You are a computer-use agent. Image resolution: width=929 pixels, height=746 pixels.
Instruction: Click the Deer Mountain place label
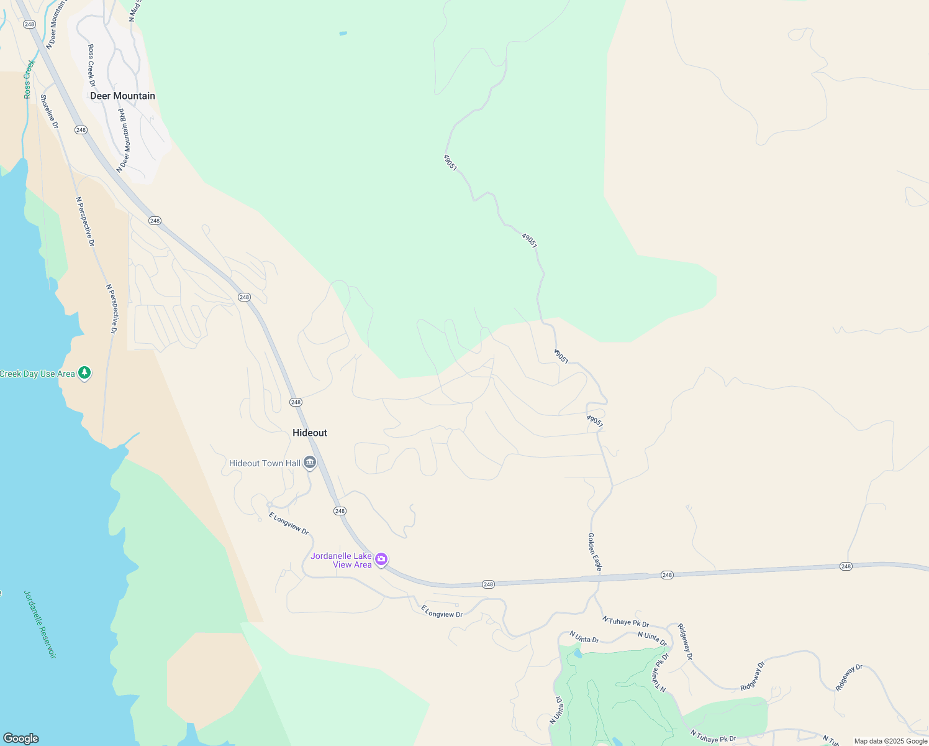coord(122,96)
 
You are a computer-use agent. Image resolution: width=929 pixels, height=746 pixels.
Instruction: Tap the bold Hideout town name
coord(310,433)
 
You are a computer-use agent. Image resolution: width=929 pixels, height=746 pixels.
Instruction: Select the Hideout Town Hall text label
coord(265,463)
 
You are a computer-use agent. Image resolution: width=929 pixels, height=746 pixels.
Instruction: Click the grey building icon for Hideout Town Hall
coord(310,463)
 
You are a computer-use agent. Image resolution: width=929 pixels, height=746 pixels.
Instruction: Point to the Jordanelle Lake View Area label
coord(342,560)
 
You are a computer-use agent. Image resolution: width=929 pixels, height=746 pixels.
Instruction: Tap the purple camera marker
coord(381,559)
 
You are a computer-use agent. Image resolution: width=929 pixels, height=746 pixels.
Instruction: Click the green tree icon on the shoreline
coord(84,373)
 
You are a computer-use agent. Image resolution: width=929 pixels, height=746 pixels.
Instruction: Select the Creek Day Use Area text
coord(37,374)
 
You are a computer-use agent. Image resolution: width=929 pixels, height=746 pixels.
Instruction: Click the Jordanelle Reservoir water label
coord(40,624)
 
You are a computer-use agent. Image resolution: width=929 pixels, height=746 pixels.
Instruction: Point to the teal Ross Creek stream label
coord(29,79)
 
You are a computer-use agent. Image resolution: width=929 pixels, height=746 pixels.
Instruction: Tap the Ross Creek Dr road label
coord(92,65)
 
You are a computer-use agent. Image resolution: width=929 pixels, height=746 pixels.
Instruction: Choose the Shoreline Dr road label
coord(49,111)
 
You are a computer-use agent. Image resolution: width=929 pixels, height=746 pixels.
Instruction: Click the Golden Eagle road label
coord(595,552)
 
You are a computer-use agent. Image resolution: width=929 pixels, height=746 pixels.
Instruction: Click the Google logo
coord(20,739)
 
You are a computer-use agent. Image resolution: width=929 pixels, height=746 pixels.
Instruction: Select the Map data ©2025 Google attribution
coord(890,741)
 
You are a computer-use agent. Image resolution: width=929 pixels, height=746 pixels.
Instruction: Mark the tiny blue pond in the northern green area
coord(343,33)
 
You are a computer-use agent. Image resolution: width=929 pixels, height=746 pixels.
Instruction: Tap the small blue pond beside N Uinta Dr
coord(578,653)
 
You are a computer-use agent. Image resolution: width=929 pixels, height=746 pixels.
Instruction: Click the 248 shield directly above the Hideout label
coord(296,402)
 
